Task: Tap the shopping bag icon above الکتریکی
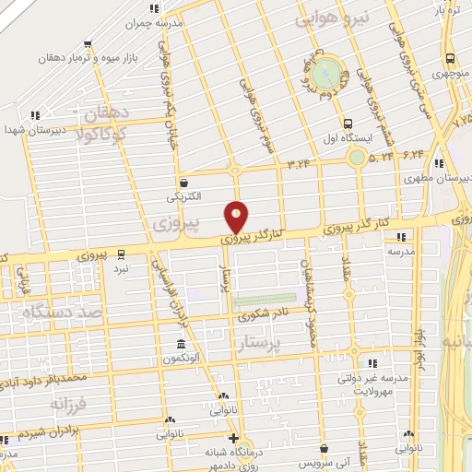tap(185, 183)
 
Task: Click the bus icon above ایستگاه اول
tap(348, 124)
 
